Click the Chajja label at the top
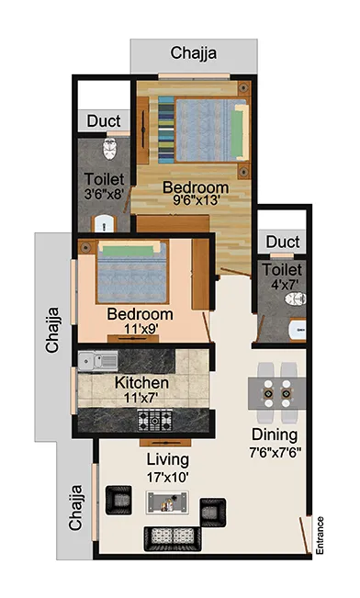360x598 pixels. click(194, 53)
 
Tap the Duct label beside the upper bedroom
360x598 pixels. click(105, 121)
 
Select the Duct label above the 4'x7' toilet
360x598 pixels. click(283, 243)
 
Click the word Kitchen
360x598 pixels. click(141, 382)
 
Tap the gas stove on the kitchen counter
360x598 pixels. click(156, 420)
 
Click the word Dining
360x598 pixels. click(275, 434)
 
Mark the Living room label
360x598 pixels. click(166, 459)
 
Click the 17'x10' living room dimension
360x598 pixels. click(166, 478)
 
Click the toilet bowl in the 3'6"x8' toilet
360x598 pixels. click(108, 148)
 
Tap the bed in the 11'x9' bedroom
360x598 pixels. click(130, 268)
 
